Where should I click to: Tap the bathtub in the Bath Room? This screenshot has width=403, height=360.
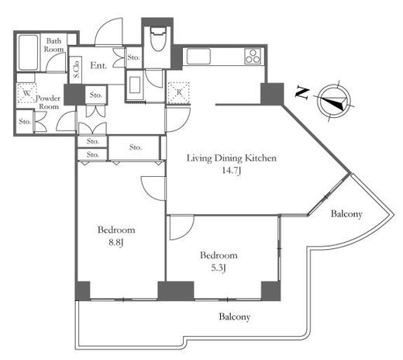coord(28,52)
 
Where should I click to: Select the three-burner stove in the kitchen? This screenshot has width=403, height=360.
coord(253,56)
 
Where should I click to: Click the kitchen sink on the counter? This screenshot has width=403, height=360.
coord(198,56)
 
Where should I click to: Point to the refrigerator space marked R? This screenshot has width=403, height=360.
coord(178,93)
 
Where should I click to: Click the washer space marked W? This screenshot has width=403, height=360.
coord(26,93)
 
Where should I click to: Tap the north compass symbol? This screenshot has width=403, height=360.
coord(335,101)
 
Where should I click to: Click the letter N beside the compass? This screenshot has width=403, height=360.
coord(302,93)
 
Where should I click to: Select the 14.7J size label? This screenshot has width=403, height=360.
coord(232,171)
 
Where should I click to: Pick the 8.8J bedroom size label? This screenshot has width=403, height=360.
coord(116,243)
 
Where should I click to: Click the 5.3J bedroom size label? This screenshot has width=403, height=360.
coord(219,268)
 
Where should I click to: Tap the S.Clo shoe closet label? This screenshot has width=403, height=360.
coord(77,70)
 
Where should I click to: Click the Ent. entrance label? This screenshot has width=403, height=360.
coord(98,65)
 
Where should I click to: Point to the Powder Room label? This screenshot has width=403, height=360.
coord(48,102)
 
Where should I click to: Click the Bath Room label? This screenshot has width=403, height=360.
coord(53,45)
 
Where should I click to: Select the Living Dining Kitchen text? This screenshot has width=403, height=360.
coord(232,158)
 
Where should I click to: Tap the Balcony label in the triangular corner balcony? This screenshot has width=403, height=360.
coord(346,214)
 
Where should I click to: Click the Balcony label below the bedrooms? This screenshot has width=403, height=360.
coord(235,317)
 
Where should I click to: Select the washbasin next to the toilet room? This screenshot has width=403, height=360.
coord(135,85)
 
